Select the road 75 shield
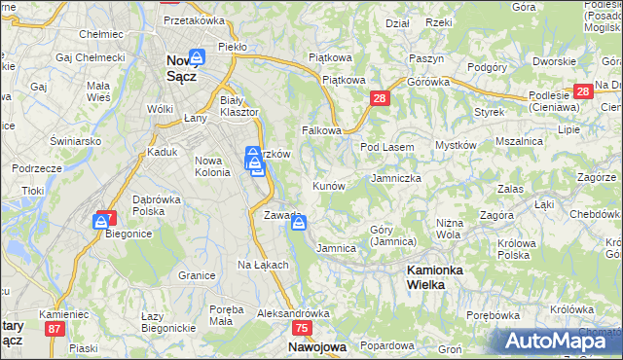(303, 329)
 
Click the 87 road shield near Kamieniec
(55, 329)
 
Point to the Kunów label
(328, 185)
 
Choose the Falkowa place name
(321, 129)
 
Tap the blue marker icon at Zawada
(299, 223)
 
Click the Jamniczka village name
(395, 178)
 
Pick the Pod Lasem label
(387, 147)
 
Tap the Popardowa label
(386, 345)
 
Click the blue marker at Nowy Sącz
(197, 57)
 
